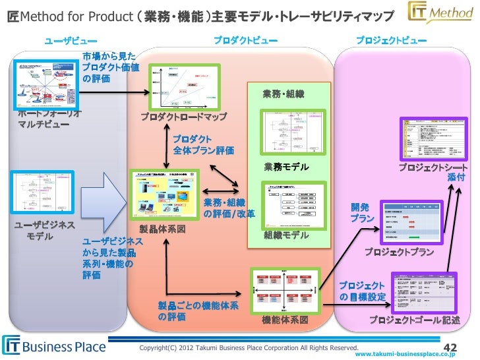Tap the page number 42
tap(450, 347)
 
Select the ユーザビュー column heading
tap(71, 42)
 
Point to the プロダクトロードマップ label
tap(183, 117)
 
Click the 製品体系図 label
tap(162, 229)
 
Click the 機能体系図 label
tap(285, 320)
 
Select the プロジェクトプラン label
tap(400, 252)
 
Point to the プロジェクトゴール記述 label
tap(413, 320)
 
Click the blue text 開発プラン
tap(363, 212)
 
